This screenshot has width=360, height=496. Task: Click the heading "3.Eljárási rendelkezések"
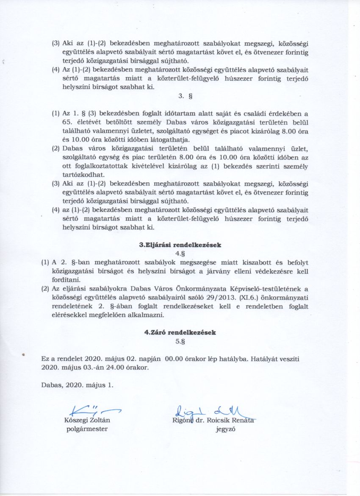pyautogui.click(x=180, y=245)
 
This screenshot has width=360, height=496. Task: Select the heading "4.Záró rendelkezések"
pyautogui.click(x=180, y=332)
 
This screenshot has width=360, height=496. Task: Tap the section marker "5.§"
pyautogui.click(x=180, y=341)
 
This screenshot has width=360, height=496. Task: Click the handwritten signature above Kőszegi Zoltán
pyautogui.click(x=90, y=410)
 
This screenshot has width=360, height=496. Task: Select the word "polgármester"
pyautogui.click(x=87, y=429)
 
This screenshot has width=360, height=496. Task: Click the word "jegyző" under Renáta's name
pyautogui.click(x=226, y=429)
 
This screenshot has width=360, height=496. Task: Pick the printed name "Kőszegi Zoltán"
pyautogui.click(x=87, y=421)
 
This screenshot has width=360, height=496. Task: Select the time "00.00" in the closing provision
pyautogui.click(x=174, y=359)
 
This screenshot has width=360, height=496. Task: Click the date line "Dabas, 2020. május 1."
pyautogui.click(x=78, y=385)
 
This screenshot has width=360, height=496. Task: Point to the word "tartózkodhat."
pyautogui.click(x=80, y=175)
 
